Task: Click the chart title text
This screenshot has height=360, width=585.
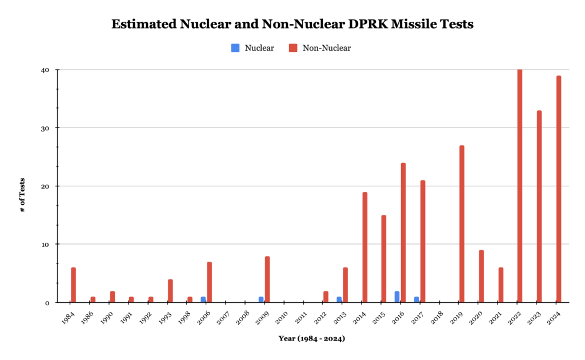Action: pos(292,25)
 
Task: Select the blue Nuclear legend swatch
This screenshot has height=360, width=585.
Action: pos(235,48)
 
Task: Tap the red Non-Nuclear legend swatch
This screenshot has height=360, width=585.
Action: pos(292,48)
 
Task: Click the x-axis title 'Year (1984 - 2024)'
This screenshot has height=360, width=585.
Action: pos(311,338)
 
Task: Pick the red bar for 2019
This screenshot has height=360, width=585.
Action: pos(462,223)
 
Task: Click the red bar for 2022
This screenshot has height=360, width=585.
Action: pos(520,186)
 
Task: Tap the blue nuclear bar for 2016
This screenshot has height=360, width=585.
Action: pos(397,297)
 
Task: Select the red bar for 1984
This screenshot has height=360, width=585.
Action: pos(73,285)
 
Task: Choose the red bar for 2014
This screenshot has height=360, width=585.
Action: pos(364,247)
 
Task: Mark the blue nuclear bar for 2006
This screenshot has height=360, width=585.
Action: pos(203,299)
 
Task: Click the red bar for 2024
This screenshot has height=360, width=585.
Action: pos(559,189)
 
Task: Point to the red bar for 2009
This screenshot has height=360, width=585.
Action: pos(267,279)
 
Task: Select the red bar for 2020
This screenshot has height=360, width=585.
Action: pos(481,276)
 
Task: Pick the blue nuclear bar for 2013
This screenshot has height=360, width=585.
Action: pos(339,299)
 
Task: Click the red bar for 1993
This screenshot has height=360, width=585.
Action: pos(170,290)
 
